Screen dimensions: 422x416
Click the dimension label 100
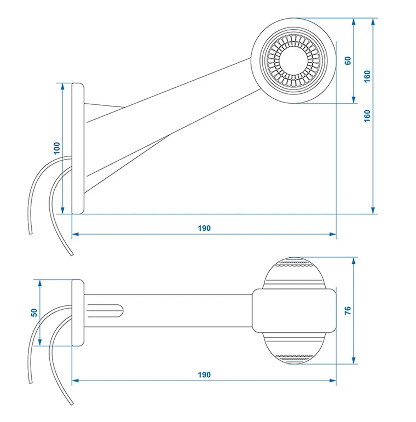[x=57, y=148]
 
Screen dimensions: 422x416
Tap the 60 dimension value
[x=348, y=61]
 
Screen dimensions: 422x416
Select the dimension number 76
[x=348, y=310]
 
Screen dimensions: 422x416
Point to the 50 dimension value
[x=34, y=313]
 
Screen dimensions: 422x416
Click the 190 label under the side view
[x=204, y=228]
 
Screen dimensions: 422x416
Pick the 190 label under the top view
[x=204, y=375]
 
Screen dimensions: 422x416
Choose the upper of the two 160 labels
[x=367, y=76]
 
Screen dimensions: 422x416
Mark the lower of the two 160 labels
[x=367, y=116]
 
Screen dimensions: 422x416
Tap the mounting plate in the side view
[x=78, y=148]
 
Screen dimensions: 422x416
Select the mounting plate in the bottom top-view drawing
[x=78, y=313]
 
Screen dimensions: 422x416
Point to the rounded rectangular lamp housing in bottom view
[x=294, y=310]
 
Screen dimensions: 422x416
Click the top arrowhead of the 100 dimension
[x=62, y=86]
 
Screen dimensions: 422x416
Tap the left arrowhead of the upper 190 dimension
[x=75, y=234]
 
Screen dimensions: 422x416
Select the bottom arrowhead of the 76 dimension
[x=354, y=361]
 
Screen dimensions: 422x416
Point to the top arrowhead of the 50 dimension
[x=40, y=283]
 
